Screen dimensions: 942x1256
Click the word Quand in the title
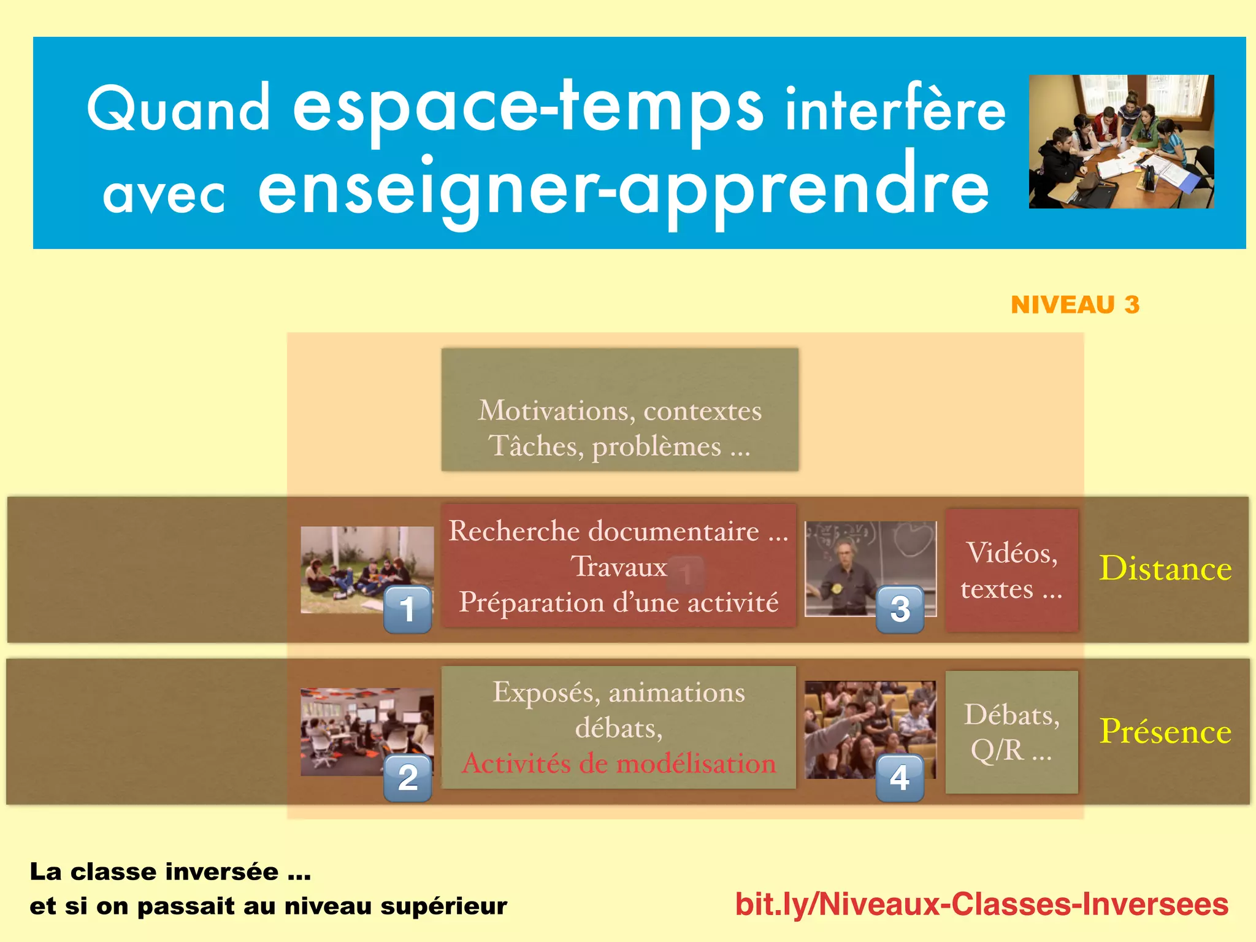click(x=178, y=109)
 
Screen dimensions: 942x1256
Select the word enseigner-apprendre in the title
click(x=622, y=187)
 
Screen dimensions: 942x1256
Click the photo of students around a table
click(x=1121, y=142)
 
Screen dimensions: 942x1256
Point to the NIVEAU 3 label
click(x=1074, y=305)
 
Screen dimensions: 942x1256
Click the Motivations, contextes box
click(x=619, y=410)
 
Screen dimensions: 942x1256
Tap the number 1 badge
click(x=408, y=609)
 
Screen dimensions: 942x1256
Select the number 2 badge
click(x=408, y=778)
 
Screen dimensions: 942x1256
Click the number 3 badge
click(x=900, y=609)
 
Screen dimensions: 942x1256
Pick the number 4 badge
click(x=900, y=778)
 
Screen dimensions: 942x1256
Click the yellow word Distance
click(x=1165, y=569)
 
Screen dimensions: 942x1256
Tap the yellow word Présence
click(x=1165, y=731)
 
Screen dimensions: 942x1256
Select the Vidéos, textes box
click(x=1011, y=570)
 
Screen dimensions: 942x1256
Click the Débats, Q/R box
click(x=1011, y=732)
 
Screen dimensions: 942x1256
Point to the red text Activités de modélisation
click(x=618, y=764)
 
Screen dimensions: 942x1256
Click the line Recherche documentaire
click(x=618, y=531)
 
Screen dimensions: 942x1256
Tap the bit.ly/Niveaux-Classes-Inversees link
click(x=981, y=905)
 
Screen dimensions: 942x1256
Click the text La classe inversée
click(x=170, y=871)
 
